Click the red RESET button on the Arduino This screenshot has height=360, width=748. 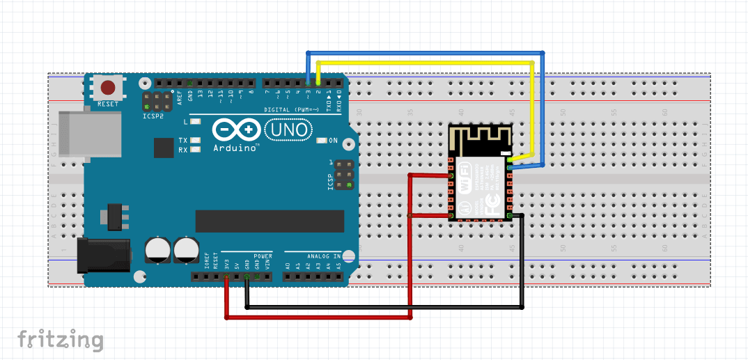point(108,88)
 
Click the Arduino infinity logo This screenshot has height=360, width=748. point(235,130)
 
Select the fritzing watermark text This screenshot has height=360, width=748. point(61,340)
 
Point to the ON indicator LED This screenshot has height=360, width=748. point(321,141)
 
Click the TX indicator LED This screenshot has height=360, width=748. point(196,140)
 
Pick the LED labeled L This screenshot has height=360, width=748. point(196,122)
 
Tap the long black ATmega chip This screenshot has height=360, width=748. point(270,221)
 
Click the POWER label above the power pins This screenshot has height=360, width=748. point(263,256)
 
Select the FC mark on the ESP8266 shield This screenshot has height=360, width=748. point(493,201)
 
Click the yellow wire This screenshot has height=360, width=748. point(425,63)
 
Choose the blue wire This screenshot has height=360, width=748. point(425,52)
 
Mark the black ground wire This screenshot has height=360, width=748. point(383,306)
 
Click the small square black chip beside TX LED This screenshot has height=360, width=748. point(164,148)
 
